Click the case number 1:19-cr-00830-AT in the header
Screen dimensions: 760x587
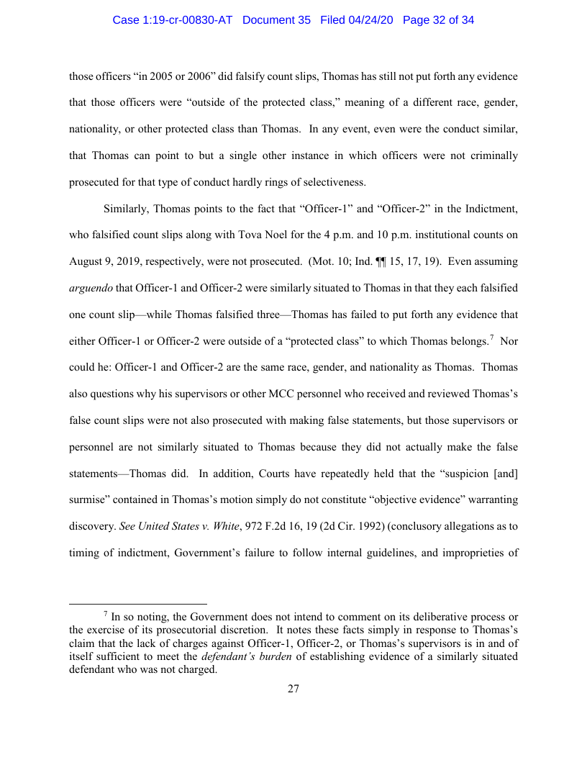pyautogui.click(x=173, y=20)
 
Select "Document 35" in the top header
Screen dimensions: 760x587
pyautogui.click(x=276, y=20)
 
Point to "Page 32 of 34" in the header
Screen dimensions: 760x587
pyautogui.click(x=438, y=20)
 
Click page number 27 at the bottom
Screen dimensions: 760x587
pyautogui.click(x=293, y=689)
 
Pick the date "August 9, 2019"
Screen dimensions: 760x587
pyautogui.click(x=105, y=261)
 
